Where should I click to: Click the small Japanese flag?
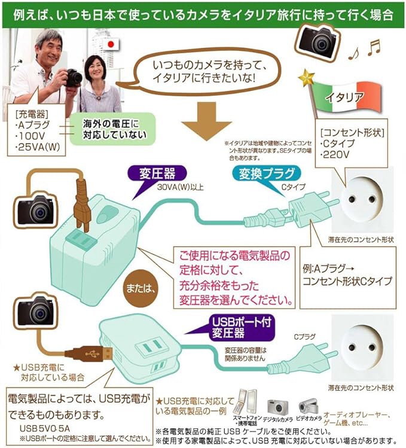(x=111, y=45)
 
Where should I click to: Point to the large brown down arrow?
(x=206, y=121)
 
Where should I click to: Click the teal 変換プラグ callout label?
(x=266, y=174)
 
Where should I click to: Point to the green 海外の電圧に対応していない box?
(x=113, y=129)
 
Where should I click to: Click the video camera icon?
(x=309, y=406)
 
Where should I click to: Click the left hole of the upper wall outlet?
(x=352, y=199)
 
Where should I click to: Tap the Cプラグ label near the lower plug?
(x=305, y=337)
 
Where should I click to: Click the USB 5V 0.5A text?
(x=45, y=428)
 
